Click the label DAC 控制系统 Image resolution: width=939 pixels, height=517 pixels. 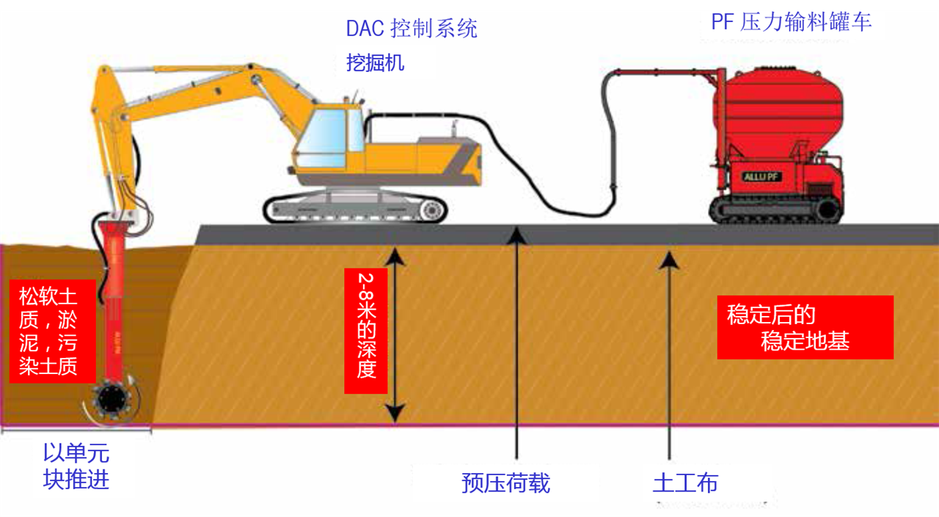pyautogui.click(x=412, y=29)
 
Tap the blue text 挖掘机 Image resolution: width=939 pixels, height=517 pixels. pyautogui.click(x=375, y=63)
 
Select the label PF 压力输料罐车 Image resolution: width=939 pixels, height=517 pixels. pyautogui.click(x=791, y=22)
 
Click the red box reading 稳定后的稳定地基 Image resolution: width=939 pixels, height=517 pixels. pyautogui.click(x=805, y=327)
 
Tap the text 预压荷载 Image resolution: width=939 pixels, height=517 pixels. pyautogui.click(x=505, y=483)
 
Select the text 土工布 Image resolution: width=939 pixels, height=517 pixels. pyautogui.click(x=685, y=483)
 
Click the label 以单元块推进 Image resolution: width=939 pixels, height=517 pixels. pyautogui.click(x=76, y=466)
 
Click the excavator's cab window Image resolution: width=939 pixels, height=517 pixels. pyautogui.click(x=323, y=139)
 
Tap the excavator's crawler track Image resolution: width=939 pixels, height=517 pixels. pyautogui.click(x=356, y=209)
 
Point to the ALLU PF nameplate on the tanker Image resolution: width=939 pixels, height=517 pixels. pyautogui.click(x=761, y=177)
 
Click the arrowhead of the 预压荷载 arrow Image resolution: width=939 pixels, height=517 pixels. pyautogui.click(x=517, y=234)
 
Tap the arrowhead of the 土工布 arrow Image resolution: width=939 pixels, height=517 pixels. pyautogui.click(x=668, y=258)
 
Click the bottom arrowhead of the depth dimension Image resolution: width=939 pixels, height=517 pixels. pyautogui.click(x=395, y=414)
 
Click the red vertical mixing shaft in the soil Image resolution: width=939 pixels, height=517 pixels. pyautogui.click(x=114, y=308)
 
